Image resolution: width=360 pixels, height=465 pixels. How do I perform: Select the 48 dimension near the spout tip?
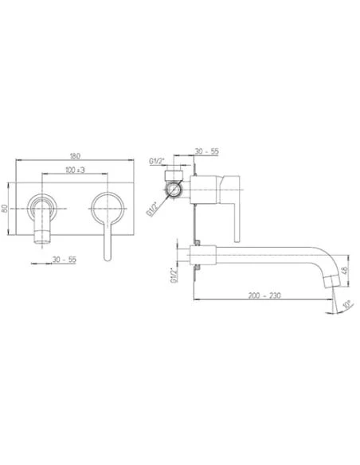pos(345,270)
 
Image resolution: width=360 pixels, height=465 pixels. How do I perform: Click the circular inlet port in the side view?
pos(174,190)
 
